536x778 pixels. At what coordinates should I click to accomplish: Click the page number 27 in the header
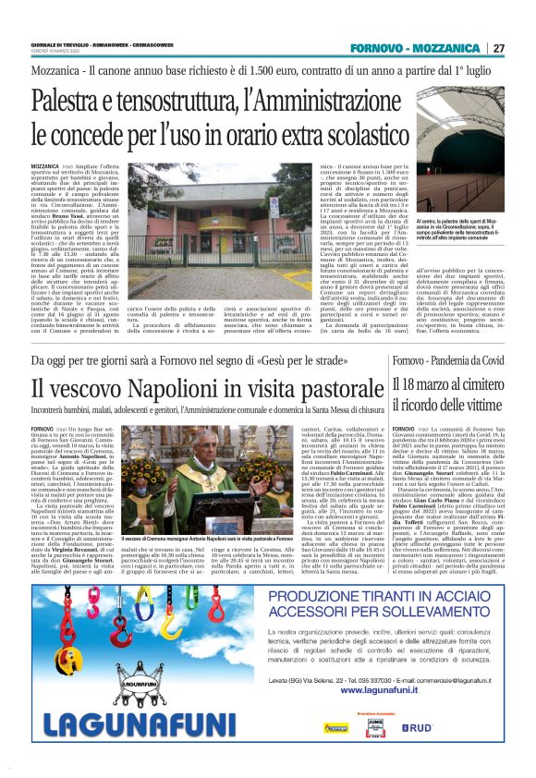click(498, 48)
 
